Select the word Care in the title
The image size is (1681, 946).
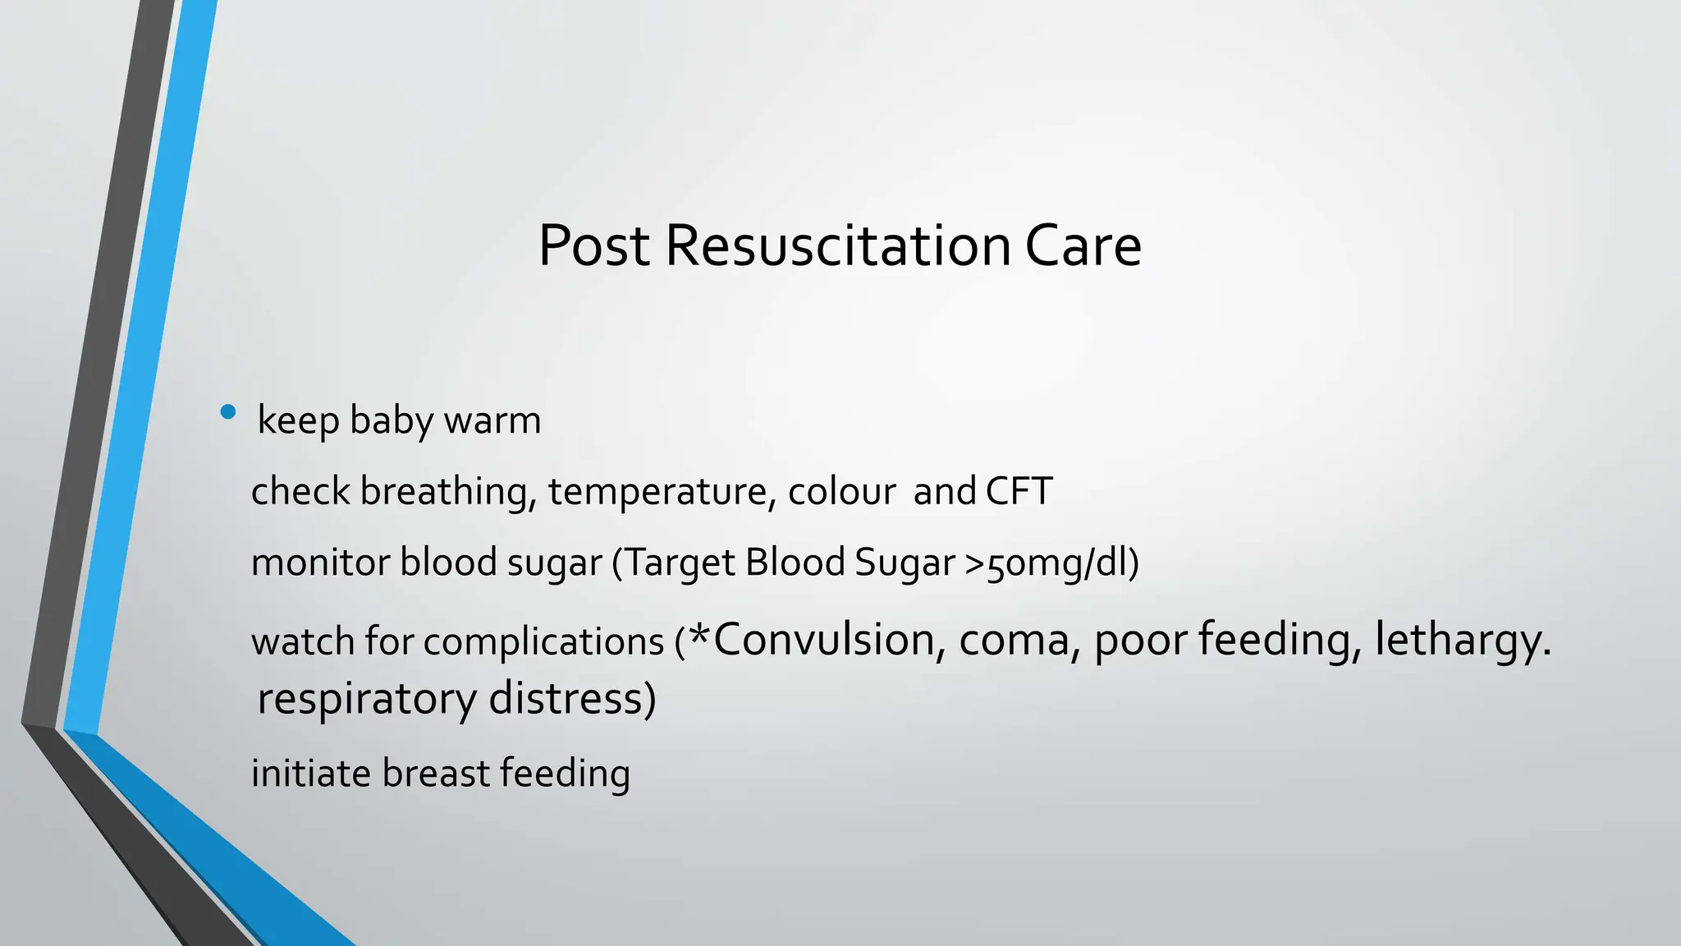coord(1083,246)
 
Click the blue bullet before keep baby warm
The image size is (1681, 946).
coord(228,412)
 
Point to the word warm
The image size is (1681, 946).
coord(492,420)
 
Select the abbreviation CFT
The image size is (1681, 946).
coord(1019,491)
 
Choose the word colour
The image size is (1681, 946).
coord(841,491)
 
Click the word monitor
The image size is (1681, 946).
coord(320,563)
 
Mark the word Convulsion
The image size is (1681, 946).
coord(823,640)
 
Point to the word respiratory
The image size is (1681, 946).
coord(367,700)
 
